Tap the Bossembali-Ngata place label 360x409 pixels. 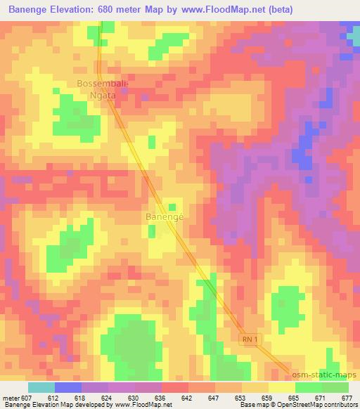[x=101, y=89]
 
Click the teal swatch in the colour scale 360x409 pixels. [x=41, y=387]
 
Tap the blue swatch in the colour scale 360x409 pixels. [x=68, y=387]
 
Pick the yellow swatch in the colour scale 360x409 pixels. [x=281, y=387]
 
